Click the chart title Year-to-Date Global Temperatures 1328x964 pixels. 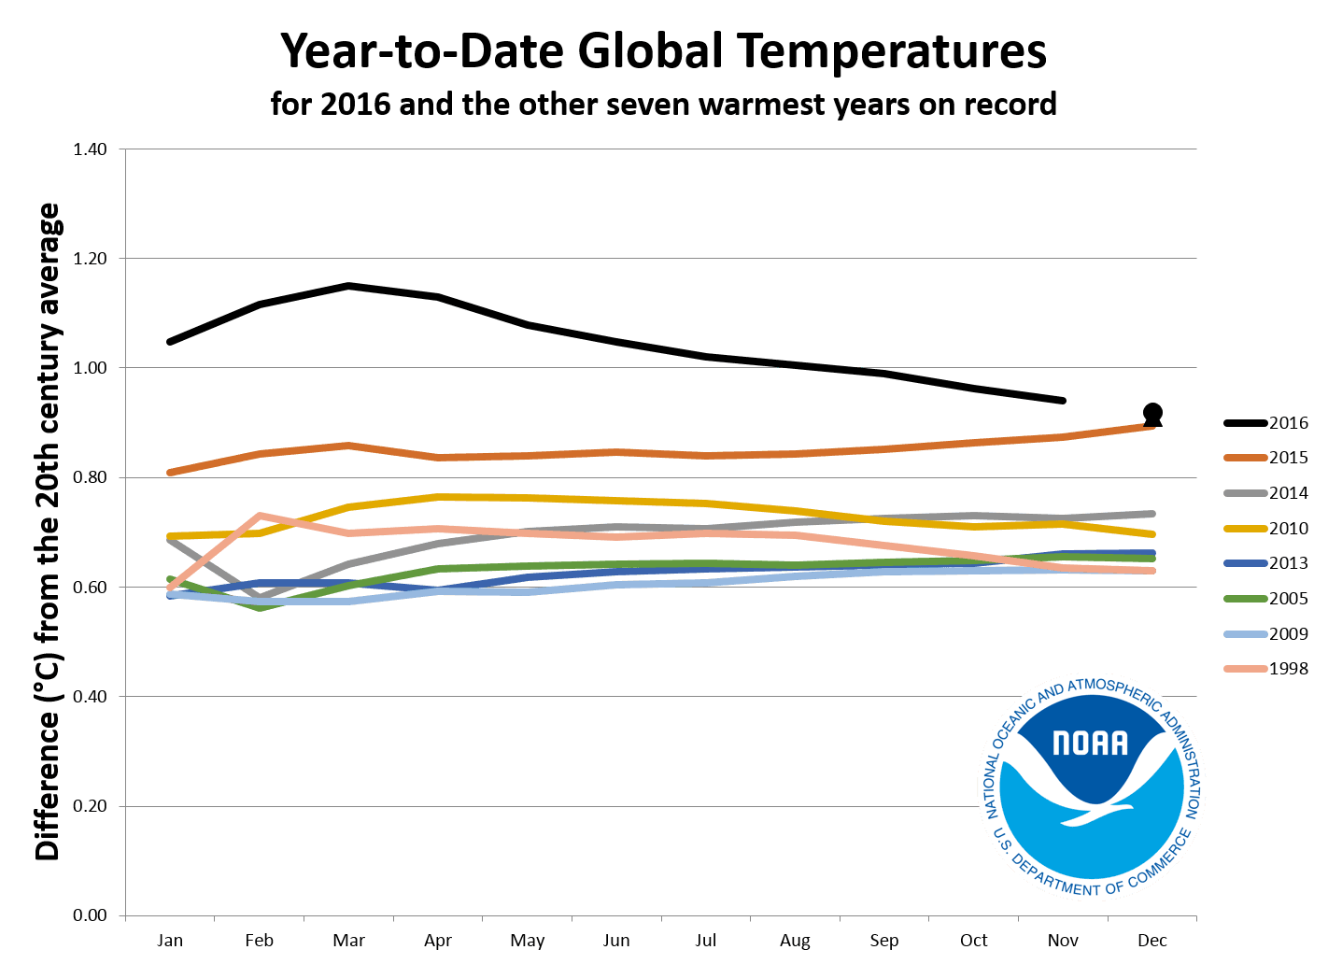(663, 52)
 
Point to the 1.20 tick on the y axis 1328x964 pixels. (91, 259)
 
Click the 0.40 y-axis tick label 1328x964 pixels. (91, 697)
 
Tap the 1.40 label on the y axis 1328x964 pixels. (91, 149)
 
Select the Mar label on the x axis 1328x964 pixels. (348, 941)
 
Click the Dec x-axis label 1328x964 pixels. (1152, 941)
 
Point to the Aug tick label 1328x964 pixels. (795, 941)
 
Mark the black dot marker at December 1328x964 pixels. (1152, 413)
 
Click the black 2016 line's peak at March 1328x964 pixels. (348, 286)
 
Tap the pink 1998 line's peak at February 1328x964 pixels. (259, 516)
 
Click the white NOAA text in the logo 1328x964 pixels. (1090, 743)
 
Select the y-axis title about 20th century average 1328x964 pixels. (49, 532)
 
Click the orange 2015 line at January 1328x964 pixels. (170, 473)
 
